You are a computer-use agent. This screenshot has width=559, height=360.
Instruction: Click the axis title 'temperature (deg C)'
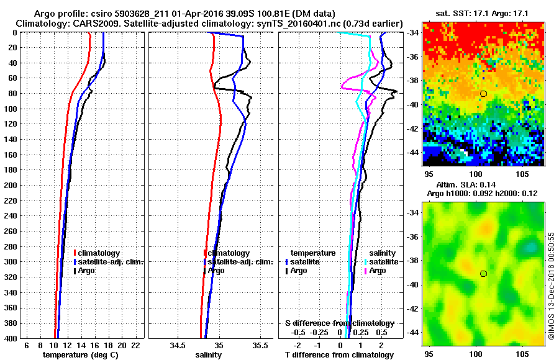[80, 355]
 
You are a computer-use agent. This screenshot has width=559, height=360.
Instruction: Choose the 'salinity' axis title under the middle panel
[208, 355]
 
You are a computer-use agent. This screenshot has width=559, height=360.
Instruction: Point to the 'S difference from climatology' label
[339, 323]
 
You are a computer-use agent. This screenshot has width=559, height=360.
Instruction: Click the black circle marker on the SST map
[483, 93]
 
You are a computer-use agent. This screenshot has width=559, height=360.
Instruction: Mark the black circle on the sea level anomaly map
[483, 273]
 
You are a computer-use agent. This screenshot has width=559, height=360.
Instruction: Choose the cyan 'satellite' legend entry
[381, 263]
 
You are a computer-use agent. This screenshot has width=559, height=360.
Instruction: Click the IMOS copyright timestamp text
[551, 286]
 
